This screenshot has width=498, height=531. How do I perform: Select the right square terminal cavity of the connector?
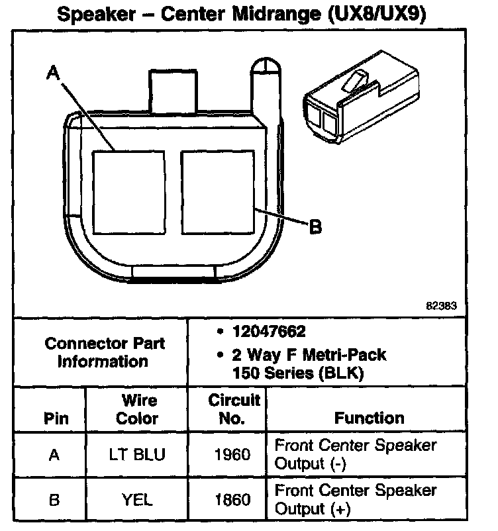pos(217,191)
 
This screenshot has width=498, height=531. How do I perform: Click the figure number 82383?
pos(441,307)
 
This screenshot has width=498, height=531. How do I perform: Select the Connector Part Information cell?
pos(104,352)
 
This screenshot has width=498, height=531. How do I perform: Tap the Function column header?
pos(369,418)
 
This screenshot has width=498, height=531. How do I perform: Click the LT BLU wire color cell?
pos(138,455)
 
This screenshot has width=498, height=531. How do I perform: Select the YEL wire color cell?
pos(138,501)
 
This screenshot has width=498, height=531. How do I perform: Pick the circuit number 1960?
pos(233,455)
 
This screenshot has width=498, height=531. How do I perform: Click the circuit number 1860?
pos(233,501)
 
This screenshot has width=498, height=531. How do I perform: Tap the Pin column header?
pos(55,418)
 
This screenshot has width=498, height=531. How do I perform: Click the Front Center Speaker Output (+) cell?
pos(356,500)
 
